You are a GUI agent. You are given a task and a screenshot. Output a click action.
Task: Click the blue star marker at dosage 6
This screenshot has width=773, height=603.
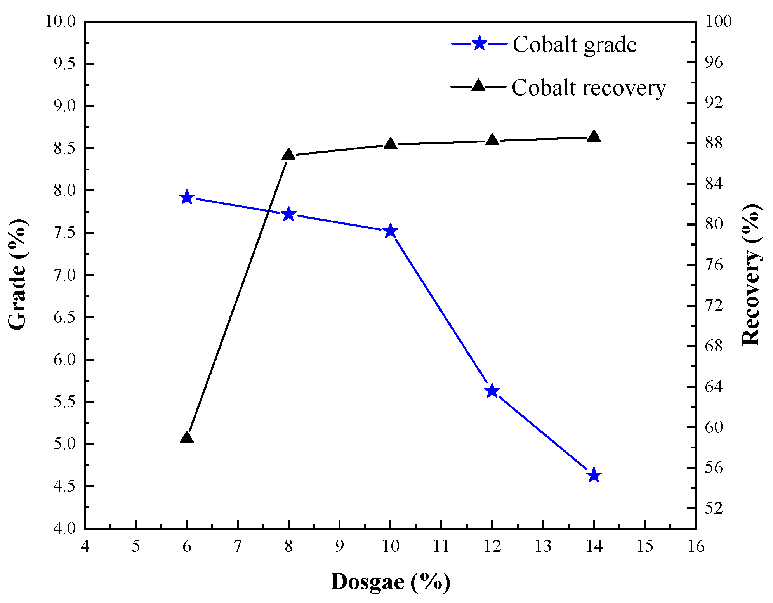[x=187, y=197]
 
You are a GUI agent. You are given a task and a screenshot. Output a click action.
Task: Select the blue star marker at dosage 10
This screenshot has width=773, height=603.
[x=390, y=231]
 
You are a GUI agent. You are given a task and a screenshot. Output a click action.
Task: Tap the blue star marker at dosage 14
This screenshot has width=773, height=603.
[x=594, y=475]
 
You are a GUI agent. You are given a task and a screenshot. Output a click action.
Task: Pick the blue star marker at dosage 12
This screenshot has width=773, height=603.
[x=492, y=391]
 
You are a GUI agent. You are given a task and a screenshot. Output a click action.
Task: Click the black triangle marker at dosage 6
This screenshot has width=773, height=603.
[x=187, y=438]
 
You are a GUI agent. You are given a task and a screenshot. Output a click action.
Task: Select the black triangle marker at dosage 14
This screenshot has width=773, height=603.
[x=594, y=136]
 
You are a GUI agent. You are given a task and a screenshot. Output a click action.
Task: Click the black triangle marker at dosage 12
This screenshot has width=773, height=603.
[x=492, y=140]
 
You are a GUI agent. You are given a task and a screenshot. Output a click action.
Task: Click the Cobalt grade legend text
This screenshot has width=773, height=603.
[x=574, y=44]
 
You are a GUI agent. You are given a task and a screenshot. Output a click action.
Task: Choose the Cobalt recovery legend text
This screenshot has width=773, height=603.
[x=588, y=87]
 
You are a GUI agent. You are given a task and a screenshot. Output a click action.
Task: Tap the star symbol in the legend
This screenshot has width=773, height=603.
[x=479, y=43]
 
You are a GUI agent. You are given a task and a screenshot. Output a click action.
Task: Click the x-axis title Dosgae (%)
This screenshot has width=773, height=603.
[x=390, y=582]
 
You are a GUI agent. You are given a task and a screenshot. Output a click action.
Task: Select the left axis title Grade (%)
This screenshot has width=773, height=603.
[x=17, y=274]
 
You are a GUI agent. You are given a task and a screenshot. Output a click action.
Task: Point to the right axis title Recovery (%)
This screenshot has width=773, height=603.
[x=751, y=274]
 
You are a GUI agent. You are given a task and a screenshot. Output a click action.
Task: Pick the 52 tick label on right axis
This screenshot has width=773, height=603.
[x=714, y=508]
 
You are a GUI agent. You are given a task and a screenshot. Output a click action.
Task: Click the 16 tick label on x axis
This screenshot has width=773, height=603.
[x=695, y=546]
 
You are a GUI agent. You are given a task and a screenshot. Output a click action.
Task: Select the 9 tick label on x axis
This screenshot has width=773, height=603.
[x=339, y=546]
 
